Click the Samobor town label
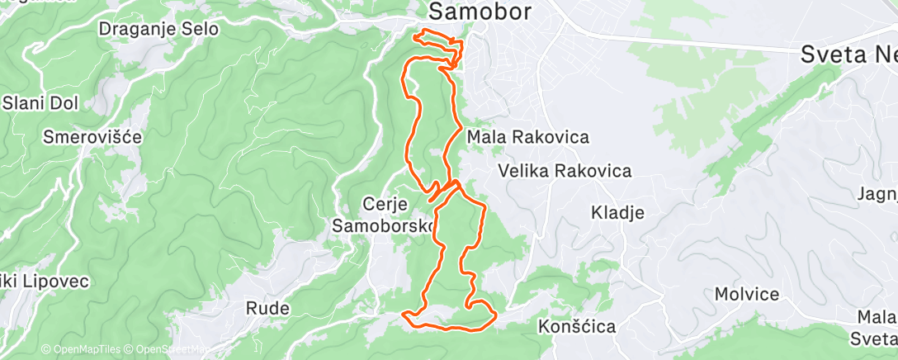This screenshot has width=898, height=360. pyautogui.click(x=480, y=12)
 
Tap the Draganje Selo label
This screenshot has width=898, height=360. pyautogui.click(x=158, y=29)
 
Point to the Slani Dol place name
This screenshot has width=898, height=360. pyautogui.click(x=40, y=103)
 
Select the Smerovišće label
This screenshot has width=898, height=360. pyautogui.click(x=94, y=136)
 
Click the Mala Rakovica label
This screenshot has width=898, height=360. pyautogui.click(x=527, y=137)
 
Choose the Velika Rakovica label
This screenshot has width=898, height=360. pyautogui.click(x=565, y=171)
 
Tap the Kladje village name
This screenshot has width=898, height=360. pyautogui.click(x=617, y=212)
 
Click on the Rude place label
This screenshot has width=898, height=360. pyautogui.click(x=268, y=309)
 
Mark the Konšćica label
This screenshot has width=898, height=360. pyautogui.click(x=577, y=326)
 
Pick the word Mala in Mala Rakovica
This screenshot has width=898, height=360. pyautogui.click(x=485, y=137)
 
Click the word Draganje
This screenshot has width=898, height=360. pyautogui.click(x=136, y=29)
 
